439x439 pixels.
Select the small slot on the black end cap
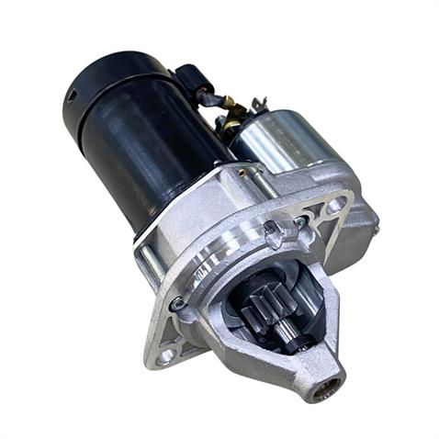(70, 96)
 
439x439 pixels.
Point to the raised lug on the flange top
(273, 234)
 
